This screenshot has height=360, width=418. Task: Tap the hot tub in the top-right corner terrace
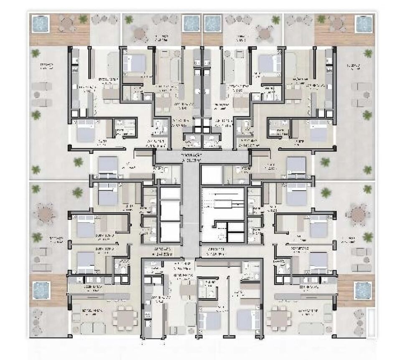pos(363,24)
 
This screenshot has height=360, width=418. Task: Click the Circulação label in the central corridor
pos(192,157)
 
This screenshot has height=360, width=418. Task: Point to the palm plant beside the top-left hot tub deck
pos(83,19)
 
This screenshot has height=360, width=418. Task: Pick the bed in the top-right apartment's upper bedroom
pos(268,63)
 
